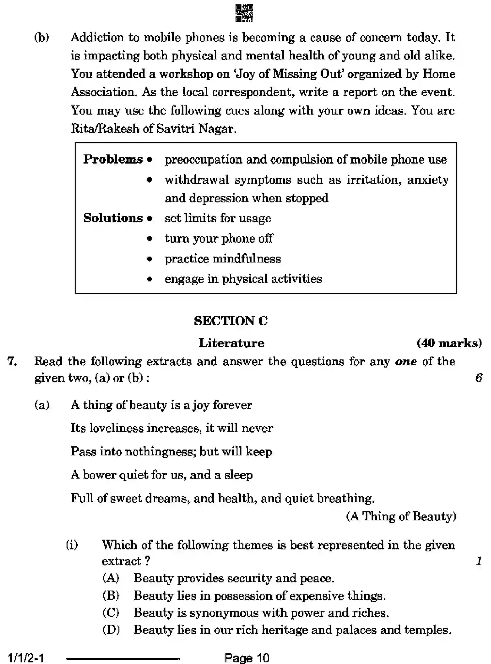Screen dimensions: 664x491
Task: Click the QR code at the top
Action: (244, 13)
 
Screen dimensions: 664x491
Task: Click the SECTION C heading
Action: (231, 321)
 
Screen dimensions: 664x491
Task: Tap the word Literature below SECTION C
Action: (232, 343)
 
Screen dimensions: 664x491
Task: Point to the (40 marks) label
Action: (449, 343)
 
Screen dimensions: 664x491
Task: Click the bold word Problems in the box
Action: (113, 159)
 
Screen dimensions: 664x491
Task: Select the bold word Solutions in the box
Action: (113, 218)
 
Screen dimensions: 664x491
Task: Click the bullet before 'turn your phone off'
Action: (150, 239)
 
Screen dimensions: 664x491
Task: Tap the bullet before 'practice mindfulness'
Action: (150, 259)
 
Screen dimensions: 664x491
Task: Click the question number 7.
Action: (12, 362)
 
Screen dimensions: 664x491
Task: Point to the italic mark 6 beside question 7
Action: (479, 378)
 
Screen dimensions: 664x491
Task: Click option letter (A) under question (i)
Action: (111, 578)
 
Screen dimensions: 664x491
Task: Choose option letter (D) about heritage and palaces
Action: (111, 629)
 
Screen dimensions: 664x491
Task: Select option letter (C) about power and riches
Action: (111, 612)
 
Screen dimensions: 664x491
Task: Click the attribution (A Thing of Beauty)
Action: (401, 516)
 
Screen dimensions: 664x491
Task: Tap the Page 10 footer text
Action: (247, 658)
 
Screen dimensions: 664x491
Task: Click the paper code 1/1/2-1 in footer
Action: (25, 658)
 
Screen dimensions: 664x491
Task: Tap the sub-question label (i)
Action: (72, 545)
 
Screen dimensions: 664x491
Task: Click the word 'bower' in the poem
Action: (99, 475)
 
